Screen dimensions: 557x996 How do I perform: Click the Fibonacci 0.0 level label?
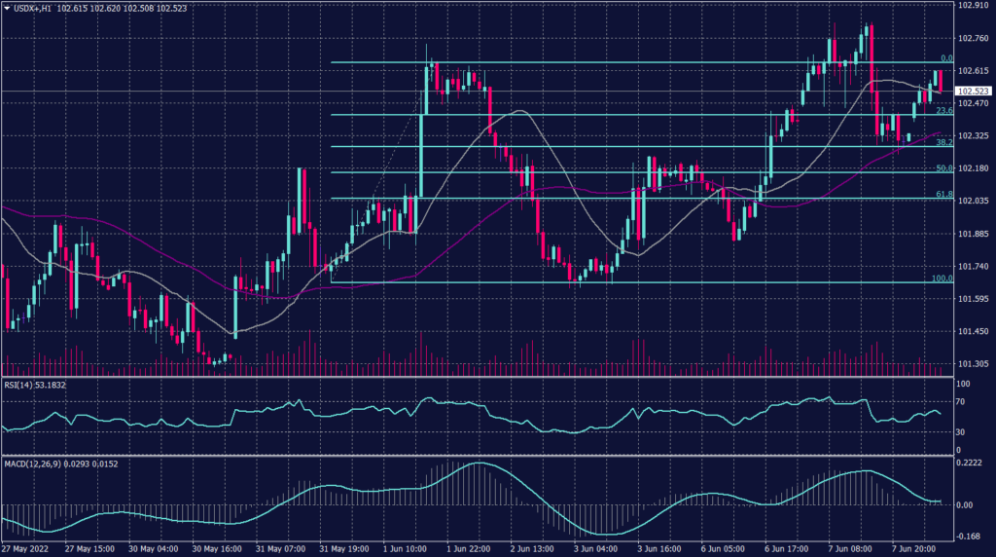[x=941, y=57]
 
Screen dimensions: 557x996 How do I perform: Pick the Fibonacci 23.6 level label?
[x=941, y=110]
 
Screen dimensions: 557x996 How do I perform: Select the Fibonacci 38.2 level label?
[x=942, y=142]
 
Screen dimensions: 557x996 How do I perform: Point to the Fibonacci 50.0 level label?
[x=942, y=167]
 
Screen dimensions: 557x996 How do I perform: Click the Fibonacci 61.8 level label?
[x=942, y=194]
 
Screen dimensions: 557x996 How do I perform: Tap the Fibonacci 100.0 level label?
[x=940, y=278]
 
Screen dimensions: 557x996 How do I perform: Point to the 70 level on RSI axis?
[x=958, y=400]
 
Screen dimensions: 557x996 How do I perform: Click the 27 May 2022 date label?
[x=27, y=550]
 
